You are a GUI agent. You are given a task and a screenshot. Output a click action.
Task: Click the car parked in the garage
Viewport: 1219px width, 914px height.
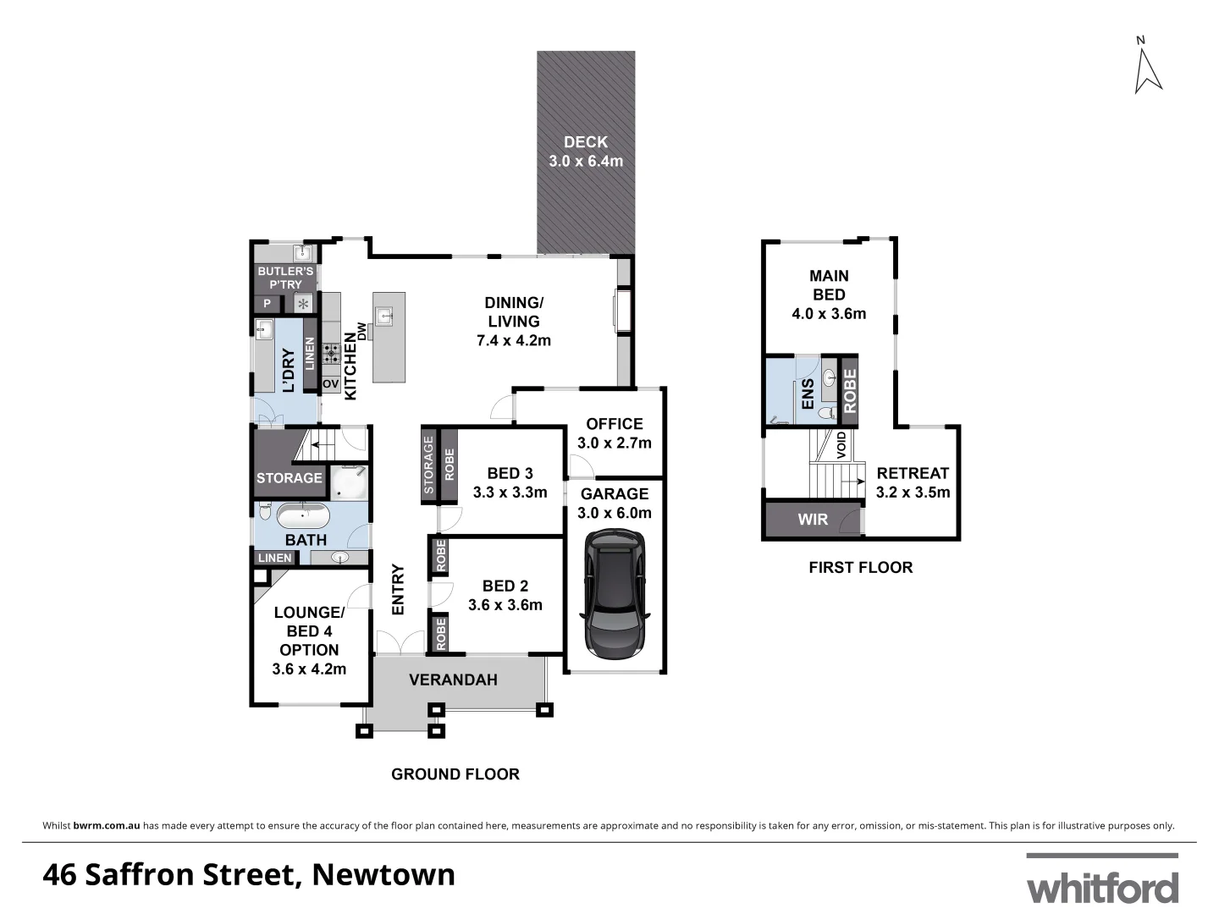[614, 595]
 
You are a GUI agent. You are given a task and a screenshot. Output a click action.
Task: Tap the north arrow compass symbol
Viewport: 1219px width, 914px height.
[1147, 69]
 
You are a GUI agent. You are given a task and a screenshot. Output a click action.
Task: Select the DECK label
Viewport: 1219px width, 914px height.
[586, 142]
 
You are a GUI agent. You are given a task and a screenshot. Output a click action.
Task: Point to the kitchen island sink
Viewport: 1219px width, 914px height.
[385, 317]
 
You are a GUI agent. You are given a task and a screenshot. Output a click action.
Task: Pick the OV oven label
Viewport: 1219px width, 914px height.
[330, 383]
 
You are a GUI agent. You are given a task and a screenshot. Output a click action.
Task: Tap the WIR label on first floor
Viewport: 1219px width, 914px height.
[813, 520]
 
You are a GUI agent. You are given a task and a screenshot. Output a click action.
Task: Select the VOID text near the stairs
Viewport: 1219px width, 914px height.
[841, 445]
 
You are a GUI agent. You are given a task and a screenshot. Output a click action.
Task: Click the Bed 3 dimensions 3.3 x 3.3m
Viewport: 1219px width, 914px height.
[510, 493]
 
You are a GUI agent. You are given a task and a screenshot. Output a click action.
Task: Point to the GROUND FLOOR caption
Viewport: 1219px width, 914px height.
[455, 774]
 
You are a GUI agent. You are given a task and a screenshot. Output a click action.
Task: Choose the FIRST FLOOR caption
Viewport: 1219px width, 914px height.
[860, 568]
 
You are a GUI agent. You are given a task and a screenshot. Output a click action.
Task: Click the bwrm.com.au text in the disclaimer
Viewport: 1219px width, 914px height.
[107, 826]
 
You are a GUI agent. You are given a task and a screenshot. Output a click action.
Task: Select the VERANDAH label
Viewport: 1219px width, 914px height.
[453, 680]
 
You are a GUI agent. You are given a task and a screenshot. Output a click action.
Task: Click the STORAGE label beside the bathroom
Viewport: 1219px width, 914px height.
[289, 478]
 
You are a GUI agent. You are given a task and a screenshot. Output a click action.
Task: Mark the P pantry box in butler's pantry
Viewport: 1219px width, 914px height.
[268, 304]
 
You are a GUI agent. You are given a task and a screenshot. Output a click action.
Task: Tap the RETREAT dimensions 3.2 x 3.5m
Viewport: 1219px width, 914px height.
[913, 493]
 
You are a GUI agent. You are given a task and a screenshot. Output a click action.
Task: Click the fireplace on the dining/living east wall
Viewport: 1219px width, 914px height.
[622, 311]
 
